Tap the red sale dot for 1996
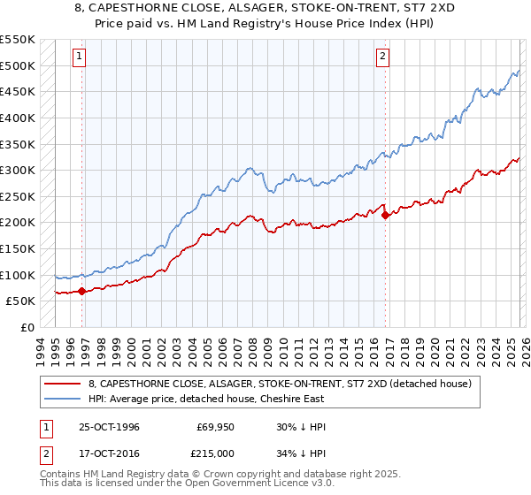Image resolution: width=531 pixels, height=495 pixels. coord(82,290)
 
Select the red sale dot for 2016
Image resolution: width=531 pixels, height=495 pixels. coord(386,215)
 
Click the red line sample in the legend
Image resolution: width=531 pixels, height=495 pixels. coord(62,383)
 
